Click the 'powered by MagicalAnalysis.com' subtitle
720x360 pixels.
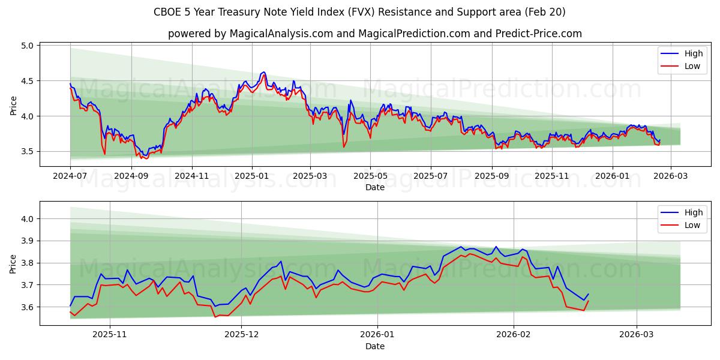pyautogui.click(x=374, y=34)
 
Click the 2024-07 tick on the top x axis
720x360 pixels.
pyautogui.click(x=70, y=176)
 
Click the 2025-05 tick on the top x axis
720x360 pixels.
pyautogui.click(x=370, y=176)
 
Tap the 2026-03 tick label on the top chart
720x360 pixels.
pyautogui.click(x=670, y=176)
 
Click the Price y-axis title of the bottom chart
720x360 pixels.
pyautogui.click(x=14, y=263)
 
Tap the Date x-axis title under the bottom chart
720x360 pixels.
pyautogui.click(x=374, y=346)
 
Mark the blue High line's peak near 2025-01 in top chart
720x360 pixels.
pyautogui.click(x=263, y=72)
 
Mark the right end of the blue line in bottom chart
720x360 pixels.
pyautogui.click(x=588, y=294)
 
